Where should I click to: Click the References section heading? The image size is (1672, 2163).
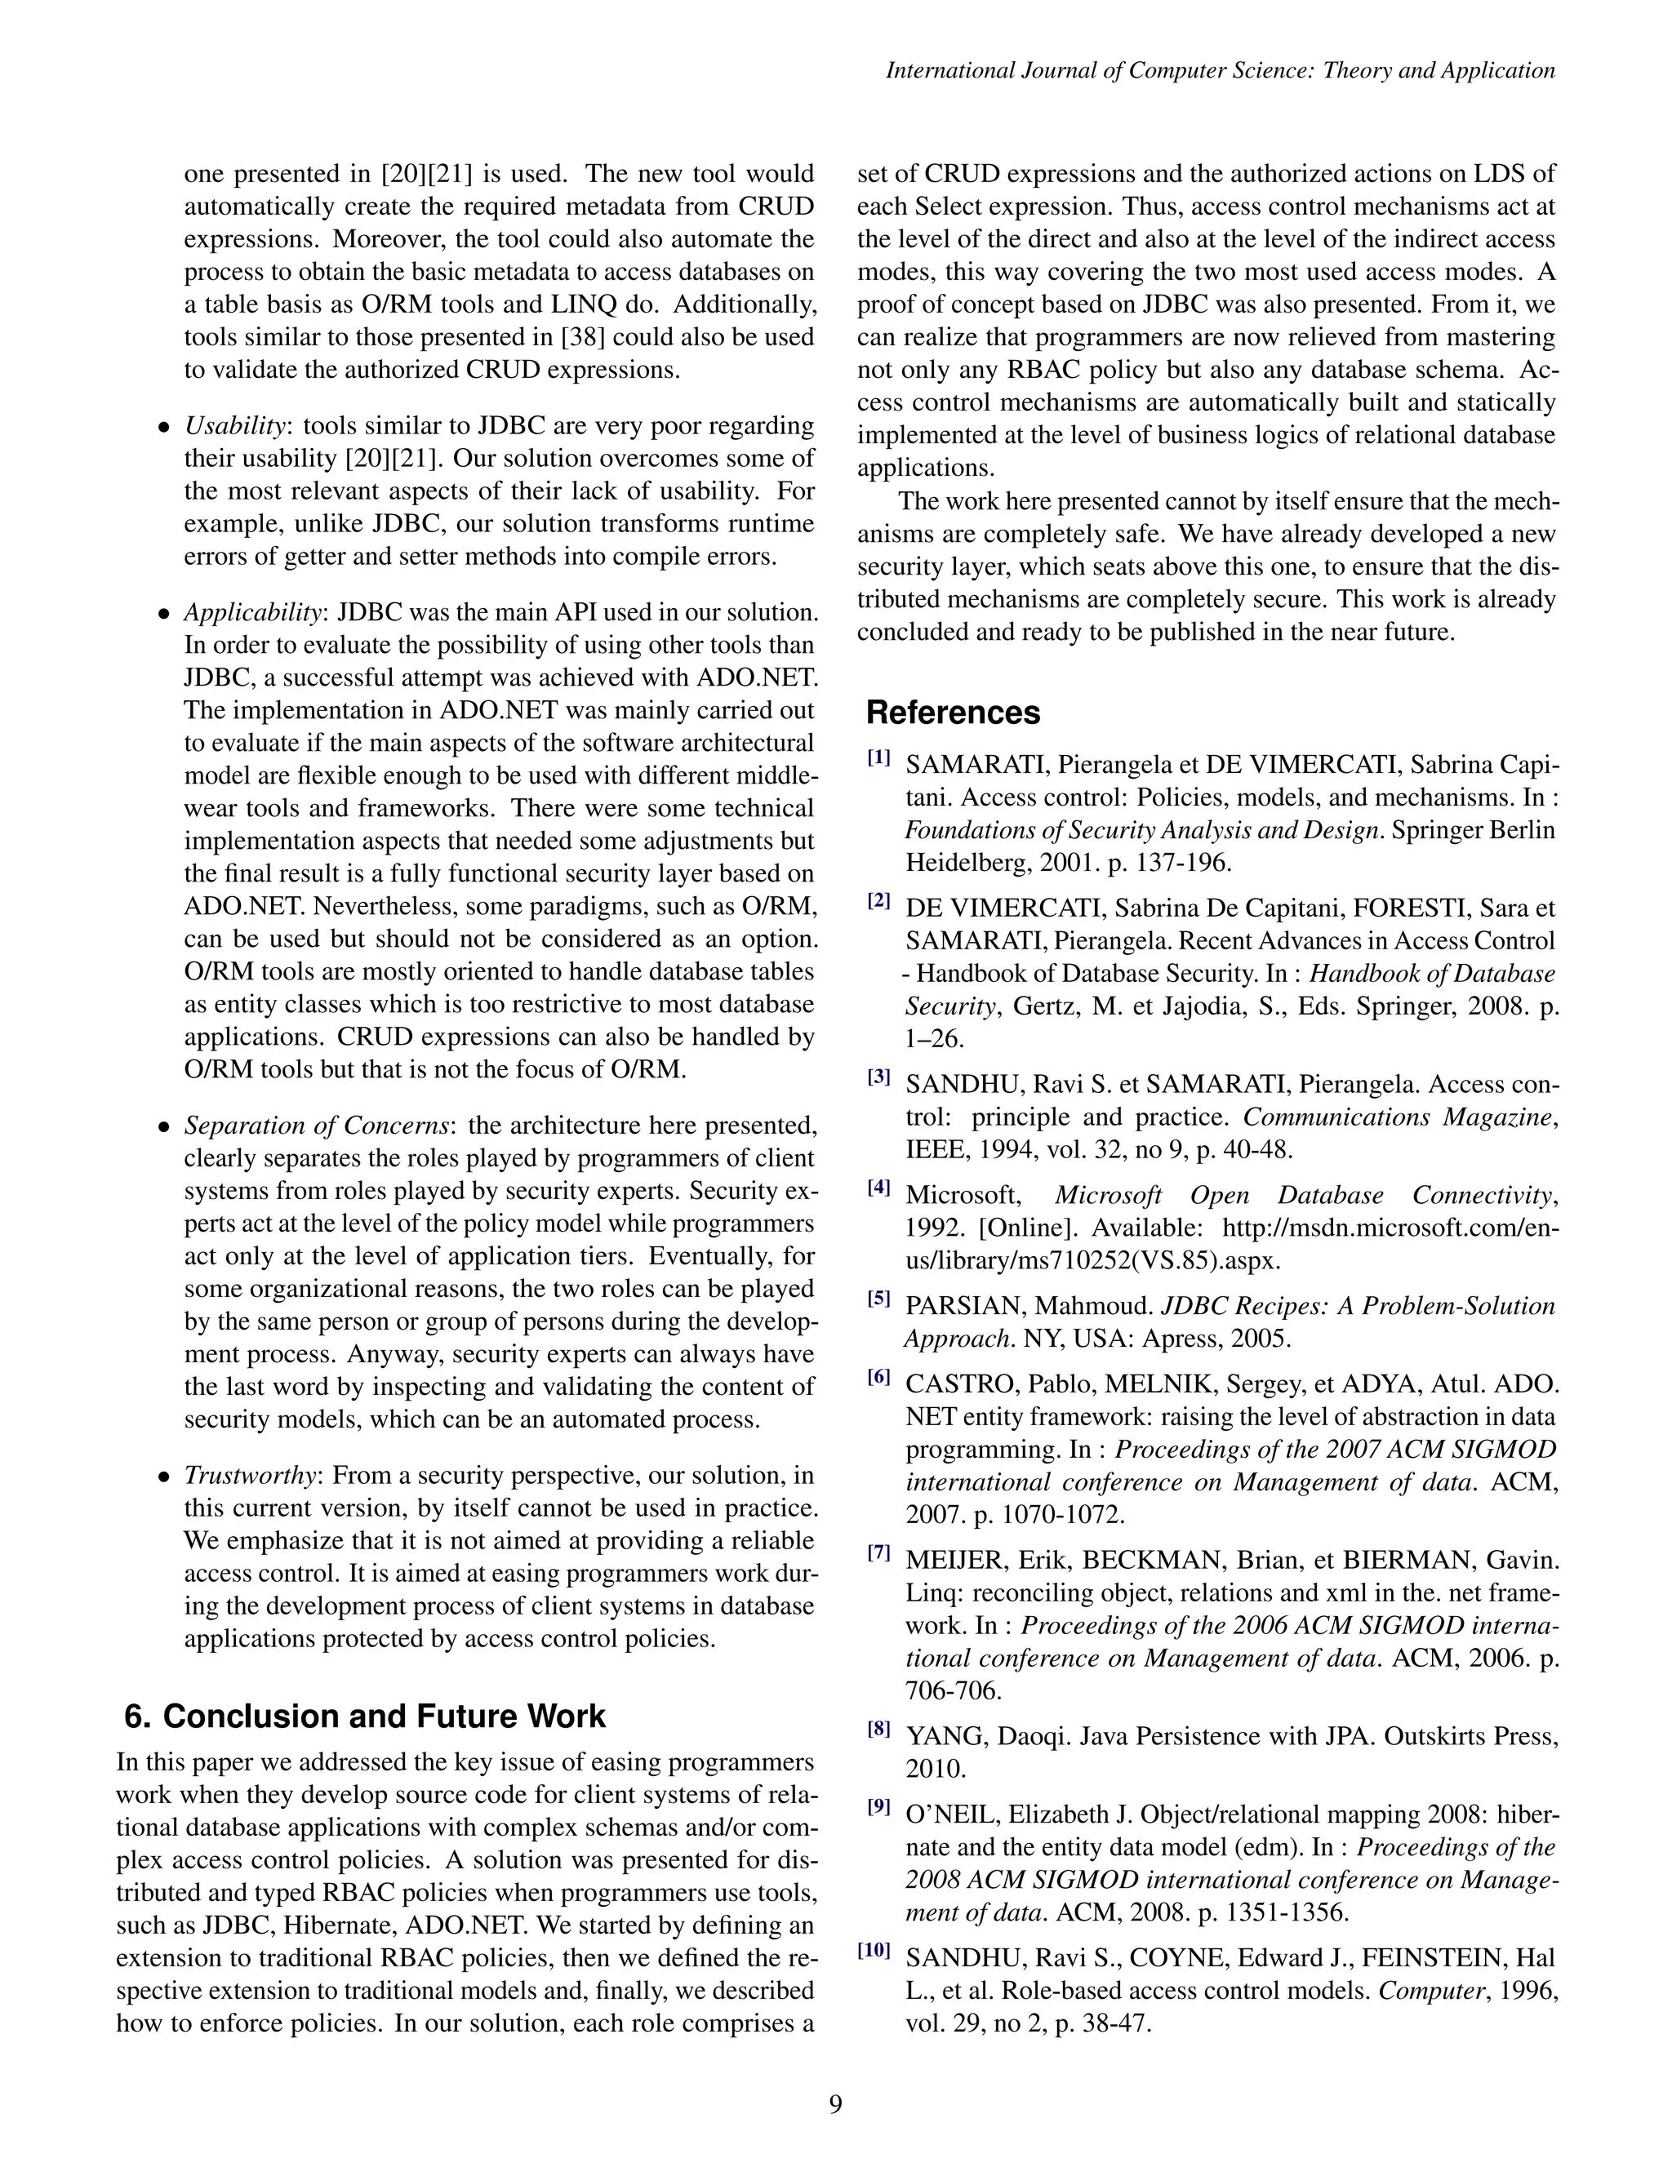953,713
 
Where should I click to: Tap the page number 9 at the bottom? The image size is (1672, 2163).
835,2104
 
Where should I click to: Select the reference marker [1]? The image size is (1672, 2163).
878,758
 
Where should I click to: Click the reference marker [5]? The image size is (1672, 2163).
878,1299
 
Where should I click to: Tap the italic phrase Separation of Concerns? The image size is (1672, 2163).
318,1126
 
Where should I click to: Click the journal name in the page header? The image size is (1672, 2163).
1221,70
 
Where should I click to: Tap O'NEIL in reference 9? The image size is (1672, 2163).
952,1814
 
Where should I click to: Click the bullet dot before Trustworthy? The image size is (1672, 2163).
166,1477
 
